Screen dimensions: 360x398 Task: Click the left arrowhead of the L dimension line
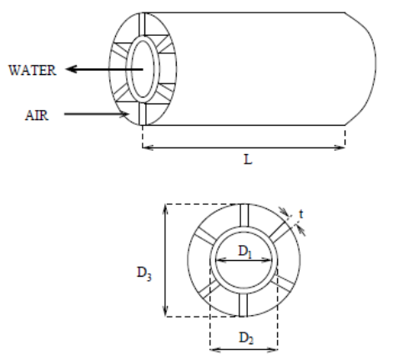[147, 148]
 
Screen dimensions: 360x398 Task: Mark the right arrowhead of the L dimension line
[340, 148]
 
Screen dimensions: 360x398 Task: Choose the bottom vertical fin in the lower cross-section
[243, 304]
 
